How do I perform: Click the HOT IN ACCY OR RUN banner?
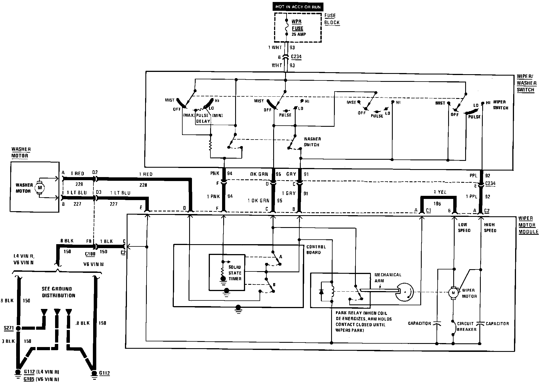298,7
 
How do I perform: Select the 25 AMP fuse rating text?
299,34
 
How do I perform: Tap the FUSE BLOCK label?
332,19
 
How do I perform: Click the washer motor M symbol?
40,187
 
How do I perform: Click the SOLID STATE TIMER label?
235,273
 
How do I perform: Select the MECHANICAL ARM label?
388,278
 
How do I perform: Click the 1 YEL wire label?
440,192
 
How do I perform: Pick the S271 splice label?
9,328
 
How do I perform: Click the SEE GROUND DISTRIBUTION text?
59,292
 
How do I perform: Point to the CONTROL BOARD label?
316,250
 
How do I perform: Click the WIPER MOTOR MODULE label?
528,225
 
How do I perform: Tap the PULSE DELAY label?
203,118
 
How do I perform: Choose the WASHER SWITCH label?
312,142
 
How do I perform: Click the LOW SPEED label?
464,227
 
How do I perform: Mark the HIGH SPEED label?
490,227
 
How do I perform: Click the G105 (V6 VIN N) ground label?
41,379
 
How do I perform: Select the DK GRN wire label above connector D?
259,174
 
